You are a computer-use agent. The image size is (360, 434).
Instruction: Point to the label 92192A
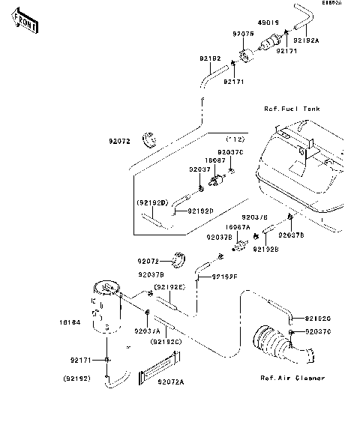pyautogui.click(x=305, y=40)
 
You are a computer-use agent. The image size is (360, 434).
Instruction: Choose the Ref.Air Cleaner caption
pyautogui.click(x=294, y=378)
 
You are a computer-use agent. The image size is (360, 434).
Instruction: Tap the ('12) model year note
pyautogui.click(x=236, y=140)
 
